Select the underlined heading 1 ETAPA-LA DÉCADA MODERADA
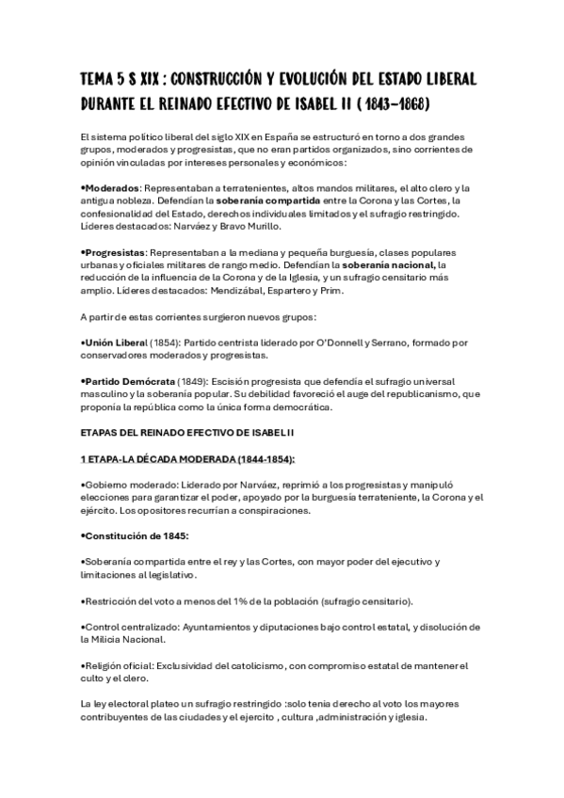coord(187,459)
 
